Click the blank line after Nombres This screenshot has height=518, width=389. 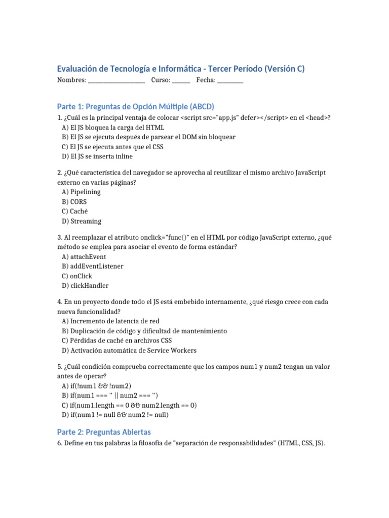[x=116, y=81]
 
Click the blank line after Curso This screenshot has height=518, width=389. [x=181, y=81]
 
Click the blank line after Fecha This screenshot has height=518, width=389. [x=230, y=81]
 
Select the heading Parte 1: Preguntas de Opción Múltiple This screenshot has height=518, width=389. [x=136, y=107]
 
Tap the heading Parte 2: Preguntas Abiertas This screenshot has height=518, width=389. [x=104, y=432]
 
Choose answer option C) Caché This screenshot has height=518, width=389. [x=74, y=211]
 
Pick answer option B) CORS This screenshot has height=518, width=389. [x=74, y=201]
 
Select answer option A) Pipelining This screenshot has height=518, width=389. [x=82, y=192]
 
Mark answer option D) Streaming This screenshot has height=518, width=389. [x=82, y=221]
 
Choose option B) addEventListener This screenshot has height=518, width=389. [x=93, y=266]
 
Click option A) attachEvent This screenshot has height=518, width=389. [x=84, y=256]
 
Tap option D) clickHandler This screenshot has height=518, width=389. [x=85, y=285]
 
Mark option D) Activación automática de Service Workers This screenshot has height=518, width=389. [x=129, y=350]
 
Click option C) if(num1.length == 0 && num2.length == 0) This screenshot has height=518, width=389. [x=130, y=405]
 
